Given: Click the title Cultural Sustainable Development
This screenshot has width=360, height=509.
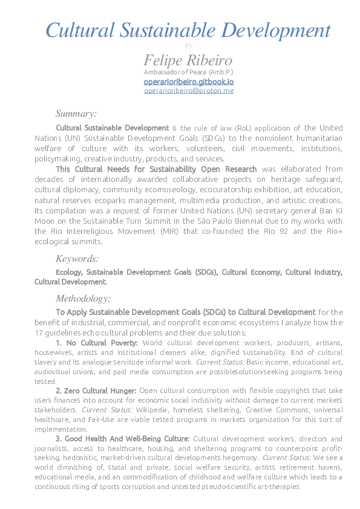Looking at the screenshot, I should tap(188, 30).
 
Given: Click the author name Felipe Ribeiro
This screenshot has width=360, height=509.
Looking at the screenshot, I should tap(188, 60).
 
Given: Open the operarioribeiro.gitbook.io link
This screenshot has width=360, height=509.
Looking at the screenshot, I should tap(188, 81).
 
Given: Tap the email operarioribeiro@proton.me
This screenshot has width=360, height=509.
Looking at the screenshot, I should tap(188, 91).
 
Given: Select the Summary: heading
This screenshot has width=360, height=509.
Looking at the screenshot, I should tap(76, 114).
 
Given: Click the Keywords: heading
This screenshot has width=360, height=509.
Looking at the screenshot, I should tap(77, 259).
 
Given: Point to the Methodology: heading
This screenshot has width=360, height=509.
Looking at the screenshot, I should tap(83, 298).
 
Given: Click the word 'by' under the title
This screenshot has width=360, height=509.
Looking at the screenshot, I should tap(188, 45).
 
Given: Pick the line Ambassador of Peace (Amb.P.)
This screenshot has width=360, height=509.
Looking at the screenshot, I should tap(188, 72).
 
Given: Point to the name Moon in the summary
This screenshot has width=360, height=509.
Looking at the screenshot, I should tap(45, 223).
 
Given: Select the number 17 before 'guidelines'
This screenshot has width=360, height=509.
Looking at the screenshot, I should tap(39, 333).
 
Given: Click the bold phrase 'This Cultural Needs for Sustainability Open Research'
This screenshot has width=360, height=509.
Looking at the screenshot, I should tap(156, 169).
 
